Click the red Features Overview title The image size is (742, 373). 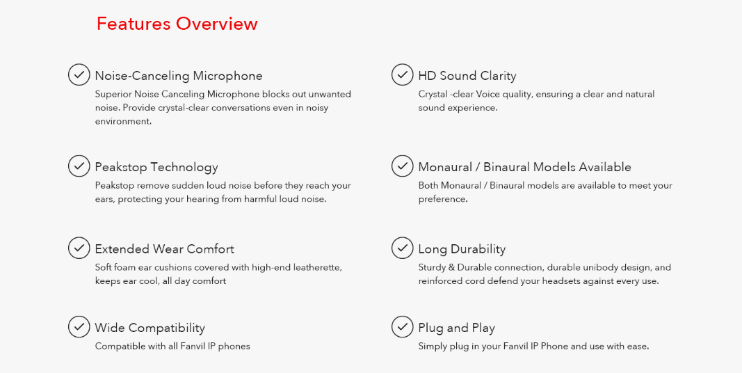pos(177,24)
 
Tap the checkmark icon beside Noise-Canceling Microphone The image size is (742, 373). pos(79,74)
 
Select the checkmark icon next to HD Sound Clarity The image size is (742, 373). pos(402,74)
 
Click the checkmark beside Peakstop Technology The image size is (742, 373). pos(79,166)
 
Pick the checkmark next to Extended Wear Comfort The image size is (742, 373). pos(79,248)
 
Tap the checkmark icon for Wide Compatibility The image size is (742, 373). pos(79,326)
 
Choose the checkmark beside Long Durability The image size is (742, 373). pos(402,248)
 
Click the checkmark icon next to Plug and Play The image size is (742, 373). pos(402,326)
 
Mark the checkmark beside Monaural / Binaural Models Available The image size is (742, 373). pos(402,166)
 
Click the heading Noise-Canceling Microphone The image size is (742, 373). pos(179,76)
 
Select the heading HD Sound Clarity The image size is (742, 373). pos(467,76)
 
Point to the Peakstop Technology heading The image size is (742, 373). pos(156,167)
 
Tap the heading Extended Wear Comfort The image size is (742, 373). pos(165,249)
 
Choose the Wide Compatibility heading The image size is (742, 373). pos(150,328)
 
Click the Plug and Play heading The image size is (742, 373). pos(457,328)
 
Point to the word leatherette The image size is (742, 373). pos(317,267)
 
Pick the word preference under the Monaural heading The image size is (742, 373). pos(442,199)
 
